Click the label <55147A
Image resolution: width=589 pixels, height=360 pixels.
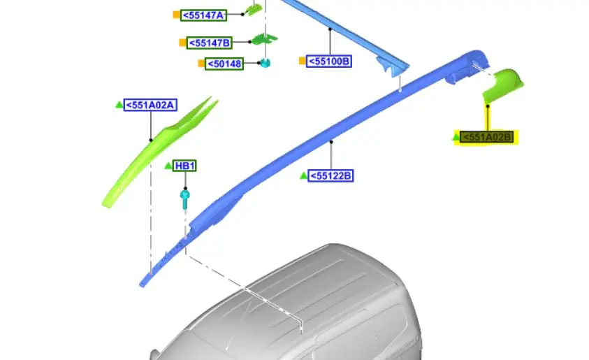pos(203,15)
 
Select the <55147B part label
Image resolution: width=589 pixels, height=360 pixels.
pos(209,43)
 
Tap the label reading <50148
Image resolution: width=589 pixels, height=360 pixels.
pos(224,64)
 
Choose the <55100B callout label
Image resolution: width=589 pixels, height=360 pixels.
pos(329,62)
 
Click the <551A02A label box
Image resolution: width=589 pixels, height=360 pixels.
pos(150,106)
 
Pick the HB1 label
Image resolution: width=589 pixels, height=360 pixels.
pos(185,166)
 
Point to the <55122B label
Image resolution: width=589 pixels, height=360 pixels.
pos(330,176)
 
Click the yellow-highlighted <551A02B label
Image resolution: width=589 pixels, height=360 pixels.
pos(486,137)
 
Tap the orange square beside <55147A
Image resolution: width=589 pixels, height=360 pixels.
pos(176,15)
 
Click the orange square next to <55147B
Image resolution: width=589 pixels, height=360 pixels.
pos(182,43)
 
